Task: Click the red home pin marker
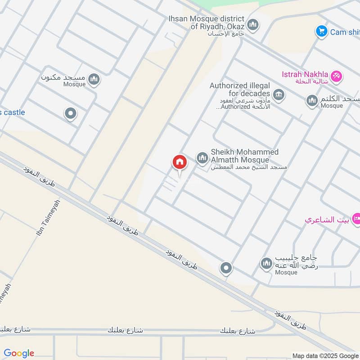[x=179, y=163]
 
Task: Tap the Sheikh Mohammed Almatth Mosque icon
[x=202, y=157]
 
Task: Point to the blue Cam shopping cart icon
[x=321, y=31]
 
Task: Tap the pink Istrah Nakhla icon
[x=336, y=77]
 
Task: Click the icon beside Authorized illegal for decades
[x=279, y=95]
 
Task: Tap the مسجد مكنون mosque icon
[x=94, y=80]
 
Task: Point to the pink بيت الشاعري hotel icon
[x=355, y=219]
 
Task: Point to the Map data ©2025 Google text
[x=325, y=355]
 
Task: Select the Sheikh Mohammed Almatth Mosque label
[x=244, y=156]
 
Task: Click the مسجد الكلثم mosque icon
[x=312, y=101]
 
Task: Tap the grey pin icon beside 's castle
[x=70, y=114]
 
